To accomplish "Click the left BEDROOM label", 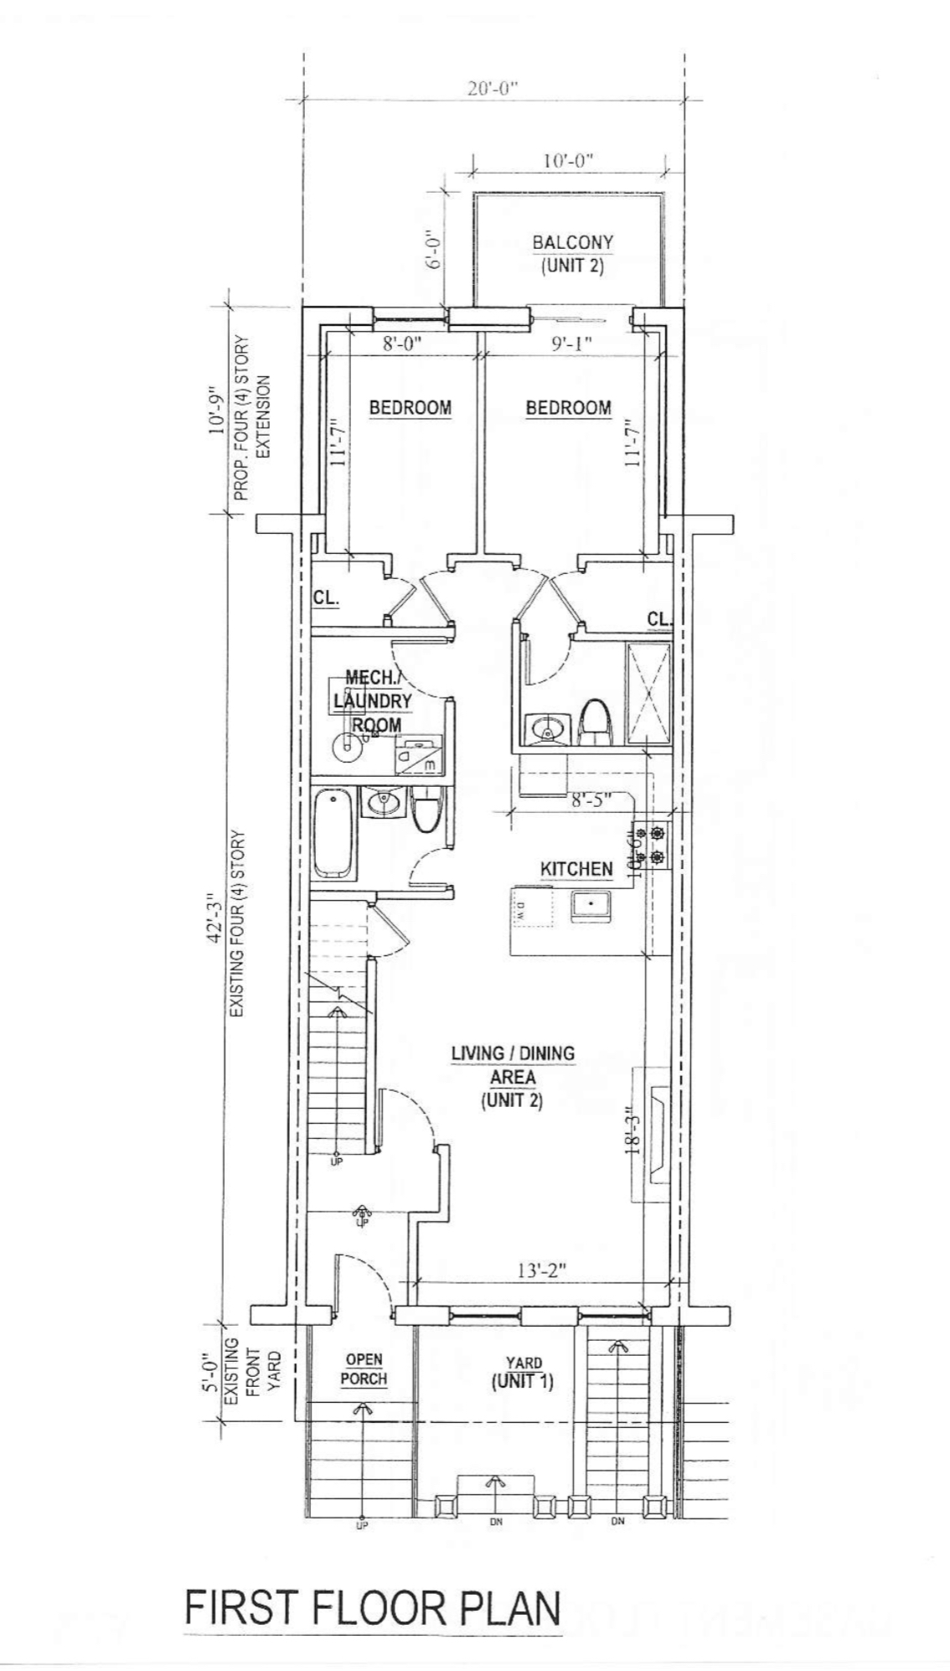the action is click(410, 408).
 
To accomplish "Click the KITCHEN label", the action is click(576, 869).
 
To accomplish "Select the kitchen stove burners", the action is click(651, 845).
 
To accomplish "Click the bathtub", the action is click(334, 834).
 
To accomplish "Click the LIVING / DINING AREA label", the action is click(513, 1076).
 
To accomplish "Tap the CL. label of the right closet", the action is click(658, 619).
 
